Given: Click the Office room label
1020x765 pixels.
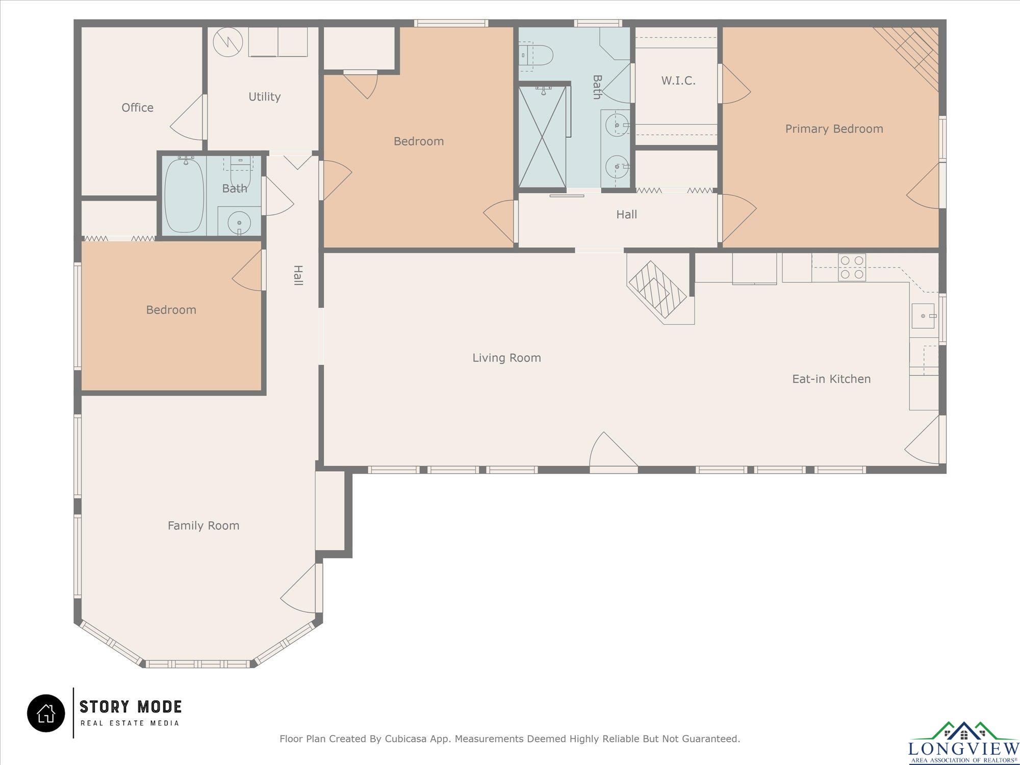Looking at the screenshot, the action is coord(137,108).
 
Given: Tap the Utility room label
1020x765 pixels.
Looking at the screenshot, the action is coord(264,97).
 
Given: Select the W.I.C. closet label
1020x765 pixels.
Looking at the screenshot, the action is coord(678,81).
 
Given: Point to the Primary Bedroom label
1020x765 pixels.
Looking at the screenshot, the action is coord(834,129).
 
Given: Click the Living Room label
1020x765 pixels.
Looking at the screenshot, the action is coord(506,358).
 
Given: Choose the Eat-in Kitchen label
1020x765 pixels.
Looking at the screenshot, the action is coord(831,379).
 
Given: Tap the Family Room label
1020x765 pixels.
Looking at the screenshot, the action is coord(203,526).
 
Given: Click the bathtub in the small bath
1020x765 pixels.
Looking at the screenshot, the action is coord(185,195).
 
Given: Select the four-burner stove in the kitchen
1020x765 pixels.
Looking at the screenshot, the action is coord(852,267).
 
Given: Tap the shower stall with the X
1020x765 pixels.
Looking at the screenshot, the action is coord(542,137).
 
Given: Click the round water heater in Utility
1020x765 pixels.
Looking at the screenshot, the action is coord(225,41).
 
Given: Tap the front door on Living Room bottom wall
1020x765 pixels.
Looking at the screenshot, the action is coord(614,451).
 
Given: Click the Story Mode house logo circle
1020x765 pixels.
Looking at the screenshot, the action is coord(46,713).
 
